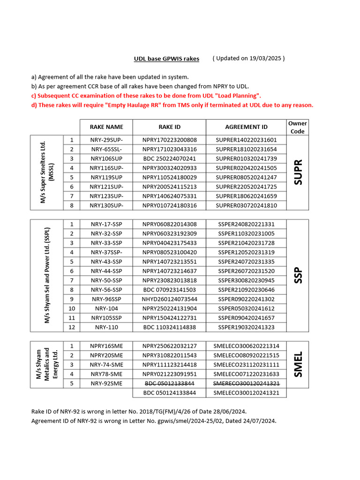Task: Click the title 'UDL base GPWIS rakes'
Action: pyautogui.click(x=166, y=59)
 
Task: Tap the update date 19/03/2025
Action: pyautogui.click(x=265, y=59)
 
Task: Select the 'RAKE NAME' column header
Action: pyautogui.click(x=106, y=127)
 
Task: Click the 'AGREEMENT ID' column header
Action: pyautogui.click(x=246, y=127)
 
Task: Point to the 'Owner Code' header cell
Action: pyautogui.click(x=297, y=127)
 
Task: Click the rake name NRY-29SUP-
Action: pyautogui.click(x=106, y=140)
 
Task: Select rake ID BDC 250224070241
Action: pyautogui.click(x=169, y=159)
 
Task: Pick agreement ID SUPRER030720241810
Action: pyautogui.click(x=246, y=205)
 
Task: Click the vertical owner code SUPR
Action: pyautogui.click(x=297, y=172)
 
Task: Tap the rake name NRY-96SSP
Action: pyautogui.click(x=106, y=299)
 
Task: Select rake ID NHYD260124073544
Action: pyautogui.click(x=169, y=299)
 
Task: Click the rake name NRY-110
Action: pyautogui.click(x=106, y=327)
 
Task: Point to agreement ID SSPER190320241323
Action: pyautogui.click(x=246, y=327)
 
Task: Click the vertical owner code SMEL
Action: pyautogui.click(x=297, y=364)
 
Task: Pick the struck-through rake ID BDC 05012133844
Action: pyautogui.click(x=169, y=383)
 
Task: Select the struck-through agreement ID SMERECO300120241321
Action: pyautogui.click(x=246, y=383)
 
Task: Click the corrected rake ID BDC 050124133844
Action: pyautogui.click(x=169, y=393)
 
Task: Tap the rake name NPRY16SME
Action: pyautogui.click(x=106, y=346)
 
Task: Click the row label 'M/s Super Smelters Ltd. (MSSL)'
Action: pyautogui.click(x=47, y=172)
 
